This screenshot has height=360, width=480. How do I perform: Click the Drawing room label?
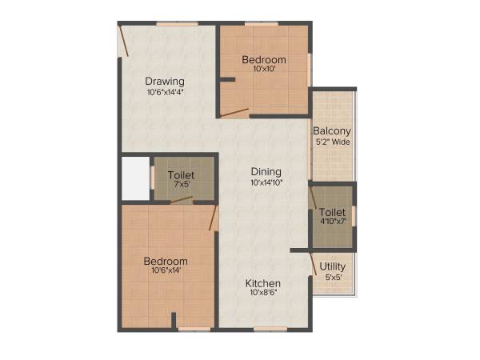[165, 81]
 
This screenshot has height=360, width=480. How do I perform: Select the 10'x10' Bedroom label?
[264, 60]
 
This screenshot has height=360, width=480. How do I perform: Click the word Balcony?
[332, 131]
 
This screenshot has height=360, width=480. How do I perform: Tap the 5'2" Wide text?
[332, 142]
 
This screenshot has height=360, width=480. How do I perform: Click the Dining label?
[266, 171]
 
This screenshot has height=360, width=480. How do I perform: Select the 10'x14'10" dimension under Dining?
[266, 182]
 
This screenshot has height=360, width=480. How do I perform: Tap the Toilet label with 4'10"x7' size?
[332, 212]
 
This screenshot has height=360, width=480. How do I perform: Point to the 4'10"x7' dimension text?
[332, 222]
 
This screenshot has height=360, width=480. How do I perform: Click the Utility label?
[332, 266]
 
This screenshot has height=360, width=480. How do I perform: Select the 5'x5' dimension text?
[332, 278]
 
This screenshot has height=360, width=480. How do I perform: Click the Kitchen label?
[262, 283]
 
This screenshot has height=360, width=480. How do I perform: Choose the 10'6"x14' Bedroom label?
[166, 261]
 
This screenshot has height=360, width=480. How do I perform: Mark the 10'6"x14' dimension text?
[166, 271]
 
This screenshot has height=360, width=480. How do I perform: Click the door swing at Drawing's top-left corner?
[124, 40]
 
